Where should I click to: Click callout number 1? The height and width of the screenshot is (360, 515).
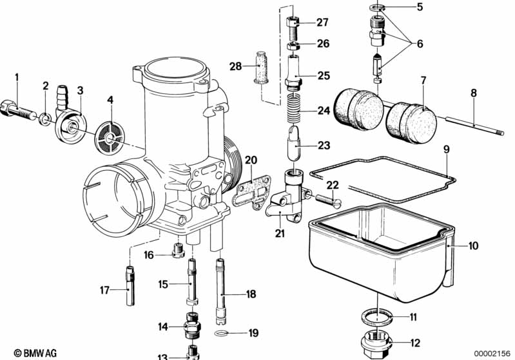pyautogui.click(x=17, y=79)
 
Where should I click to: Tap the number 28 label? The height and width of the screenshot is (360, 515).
pyautogui.click(x=236, y=66)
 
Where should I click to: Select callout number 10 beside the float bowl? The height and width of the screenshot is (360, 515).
pyautogui.click(x=473, y=245)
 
